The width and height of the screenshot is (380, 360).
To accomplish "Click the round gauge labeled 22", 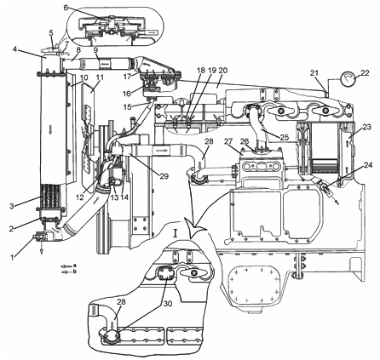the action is (348, 79).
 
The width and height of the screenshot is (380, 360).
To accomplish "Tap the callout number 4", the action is (14, 49).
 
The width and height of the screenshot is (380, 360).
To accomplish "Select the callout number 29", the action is (164, 176).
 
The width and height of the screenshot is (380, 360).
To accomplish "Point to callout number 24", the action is (368, 165).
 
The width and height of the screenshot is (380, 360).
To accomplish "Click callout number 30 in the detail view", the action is (168, 304).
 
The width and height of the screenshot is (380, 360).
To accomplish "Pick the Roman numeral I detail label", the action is (176, 234).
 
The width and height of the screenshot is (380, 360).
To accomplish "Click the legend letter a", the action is (74, 266).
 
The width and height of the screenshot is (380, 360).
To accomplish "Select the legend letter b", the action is (74, 271).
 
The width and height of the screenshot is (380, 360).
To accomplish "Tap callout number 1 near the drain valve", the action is (12, 257).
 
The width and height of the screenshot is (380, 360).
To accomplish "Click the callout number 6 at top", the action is (66, 8).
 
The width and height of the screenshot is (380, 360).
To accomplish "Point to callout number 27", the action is (228, 141).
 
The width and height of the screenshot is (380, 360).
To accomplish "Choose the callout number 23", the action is (367, 127).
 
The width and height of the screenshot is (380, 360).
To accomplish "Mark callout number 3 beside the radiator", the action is (11, 206).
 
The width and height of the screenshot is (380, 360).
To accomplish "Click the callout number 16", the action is (128, 94).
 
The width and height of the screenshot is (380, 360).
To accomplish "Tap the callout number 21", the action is (314, 73).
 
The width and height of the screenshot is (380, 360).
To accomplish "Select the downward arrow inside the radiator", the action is (50, 129).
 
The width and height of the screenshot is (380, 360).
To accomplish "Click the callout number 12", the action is (80, 197).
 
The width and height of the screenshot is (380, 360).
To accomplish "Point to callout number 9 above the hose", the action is (96, 50).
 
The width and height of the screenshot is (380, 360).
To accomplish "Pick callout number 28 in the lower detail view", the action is (121, 302).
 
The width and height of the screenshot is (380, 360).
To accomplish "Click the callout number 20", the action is (223, 71).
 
